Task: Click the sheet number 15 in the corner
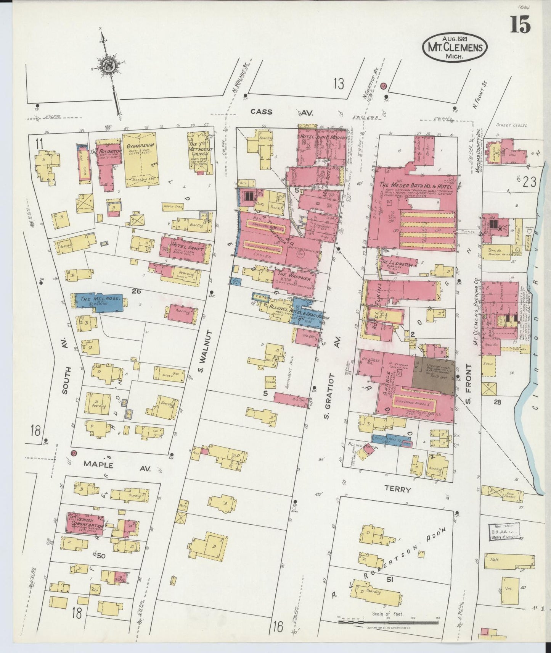(520, 25)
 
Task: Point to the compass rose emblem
(107, 65)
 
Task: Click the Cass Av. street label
(281, 112)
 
